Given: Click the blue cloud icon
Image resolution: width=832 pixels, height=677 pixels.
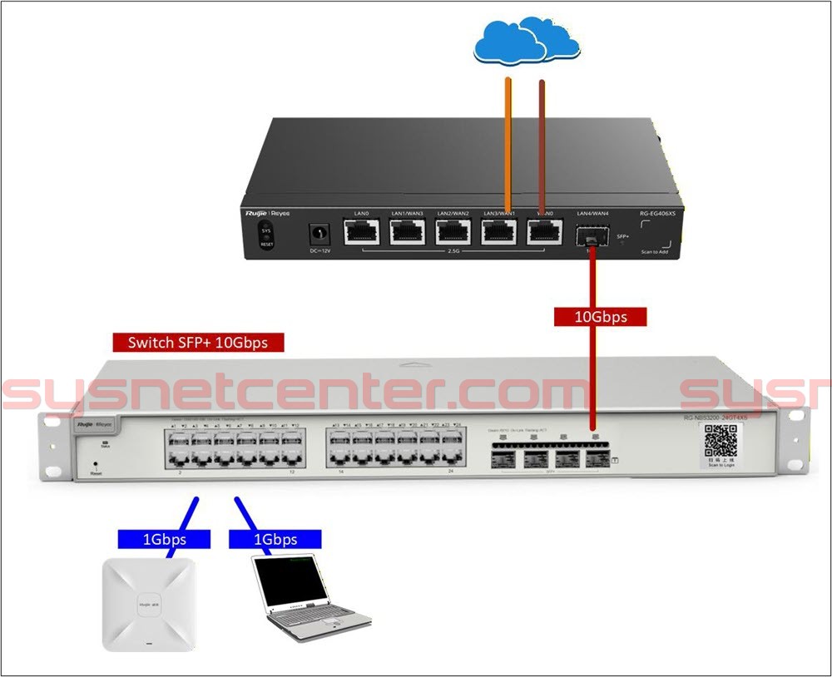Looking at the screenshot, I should click(526, 42).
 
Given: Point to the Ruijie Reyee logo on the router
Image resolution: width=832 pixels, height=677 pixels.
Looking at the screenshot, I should click(265, 214).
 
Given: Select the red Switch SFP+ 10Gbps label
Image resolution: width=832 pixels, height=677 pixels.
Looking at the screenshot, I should click(198, 342).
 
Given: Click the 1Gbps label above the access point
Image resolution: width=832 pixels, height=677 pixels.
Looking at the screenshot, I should click(164, 539).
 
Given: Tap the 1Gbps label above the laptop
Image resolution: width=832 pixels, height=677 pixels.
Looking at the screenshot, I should click(275, 539).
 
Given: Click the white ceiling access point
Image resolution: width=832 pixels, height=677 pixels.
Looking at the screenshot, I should click(149, 602).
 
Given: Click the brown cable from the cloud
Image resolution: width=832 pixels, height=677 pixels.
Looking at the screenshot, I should click(542, 141).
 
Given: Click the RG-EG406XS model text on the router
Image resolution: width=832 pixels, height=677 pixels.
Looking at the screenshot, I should click(657, 214).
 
